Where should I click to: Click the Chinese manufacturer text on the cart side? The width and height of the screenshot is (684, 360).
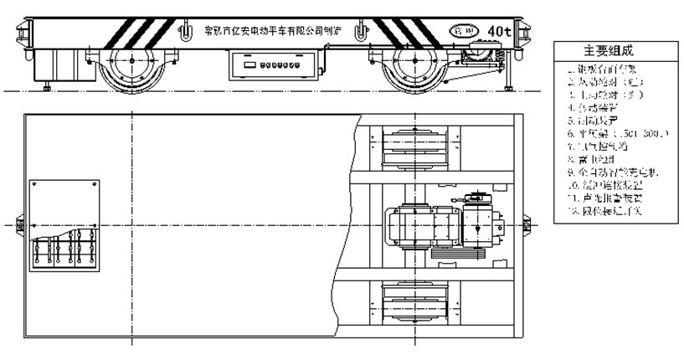pos(268,32)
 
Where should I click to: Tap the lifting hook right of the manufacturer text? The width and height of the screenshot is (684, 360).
pos(360,33)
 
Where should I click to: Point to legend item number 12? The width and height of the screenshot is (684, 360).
pos(609,211)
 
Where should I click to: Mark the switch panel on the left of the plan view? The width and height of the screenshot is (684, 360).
pos(64,226)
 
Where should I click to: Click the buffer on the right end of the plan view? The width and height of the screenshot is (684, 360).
pos(526,225)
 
